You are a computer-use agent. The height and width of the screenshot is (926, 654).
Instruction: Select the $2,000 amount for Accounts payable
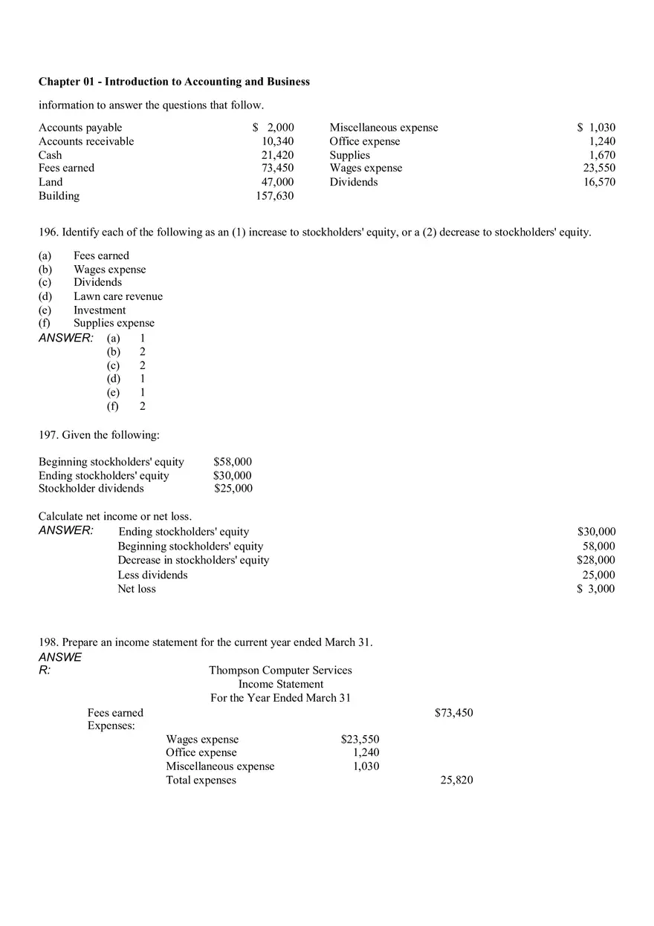(273, 128)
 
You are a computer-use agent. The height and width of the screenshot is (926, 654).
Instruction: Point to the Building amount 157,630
(274, 196)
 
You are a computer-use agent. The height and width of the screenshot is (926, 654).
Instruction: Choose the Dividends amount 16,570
(599, 182)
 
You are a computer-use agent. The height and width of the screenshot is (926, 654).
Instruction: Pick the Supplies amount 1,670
(602, 155)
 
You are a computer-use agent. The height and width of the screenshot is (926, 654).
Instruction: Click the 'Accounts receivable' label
(86, 141)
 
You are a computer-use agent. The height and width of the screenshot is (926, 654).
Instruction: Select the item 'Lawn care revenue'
(117, 296)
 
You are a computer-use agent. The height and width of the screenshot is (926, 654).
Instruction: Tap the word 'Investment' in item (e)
(100, 310)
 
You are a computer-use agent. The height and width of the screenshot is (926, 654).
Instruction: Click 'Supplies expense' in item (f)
(114, 323)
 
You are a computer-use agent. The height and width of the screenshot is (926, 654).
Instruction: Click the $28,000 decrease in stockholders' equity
(596, 560)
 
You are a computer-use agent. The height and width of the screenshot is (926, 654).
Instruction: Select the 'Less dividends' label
(152, 575)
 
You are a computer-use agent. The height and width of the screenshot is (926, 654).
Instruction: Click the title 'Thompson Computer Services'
(280, 670)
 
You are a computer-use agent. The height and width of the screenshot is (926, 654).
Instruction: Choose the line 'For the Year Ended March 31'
(280, 698)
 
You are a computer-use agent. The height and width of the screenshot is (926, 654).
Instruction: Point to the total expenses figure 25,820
(456, 780)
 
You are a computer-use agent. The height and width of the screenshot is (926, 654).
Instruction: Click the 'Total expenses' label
(201, 780)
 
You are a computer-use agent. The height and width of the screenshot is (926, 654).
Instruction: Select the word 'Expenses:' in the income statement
(111, 726)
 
